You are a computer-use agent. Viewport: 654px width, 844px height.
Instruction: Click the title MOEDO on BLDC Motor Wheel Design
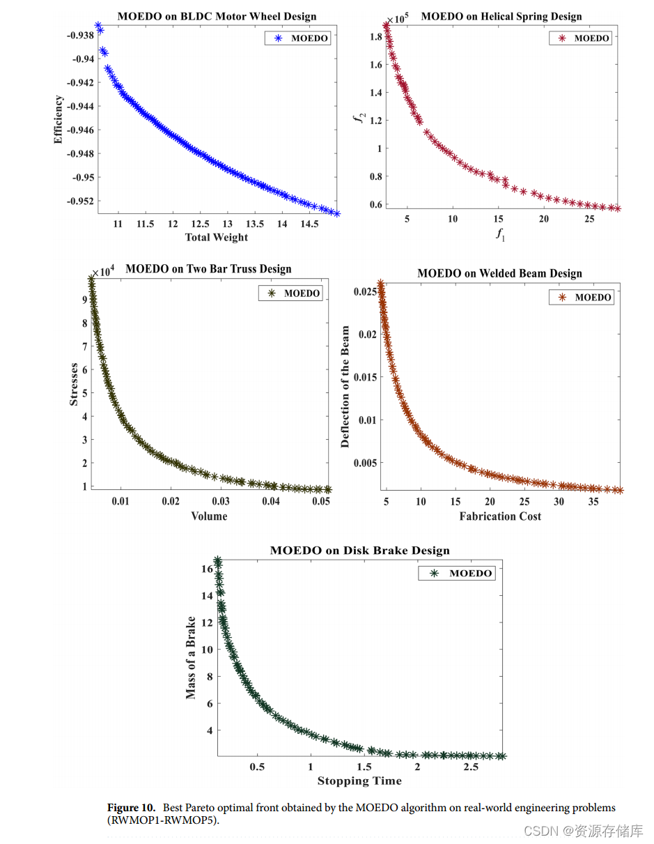pyautogui.click(x=217, y=16)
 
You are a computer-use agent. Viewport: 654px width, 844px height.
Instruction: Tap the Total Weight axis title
pyautogui.click(x=217, y=237)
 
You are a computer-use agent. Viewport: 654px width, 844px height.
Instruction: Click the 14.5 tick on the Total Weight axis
pyautogui.click(x=309, y=224)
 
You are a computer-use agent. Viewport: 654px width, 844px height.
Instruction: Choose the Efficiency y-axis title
pyautogui.click(x=59, y=120)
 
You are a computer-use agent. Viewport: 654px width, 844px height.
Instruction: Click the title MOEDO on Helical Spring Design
pyautogui.click(x=501, y=16)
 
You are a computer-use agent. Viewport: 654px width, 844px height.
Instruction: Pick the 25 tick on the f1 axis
pyautogui.click(x=589, y=220)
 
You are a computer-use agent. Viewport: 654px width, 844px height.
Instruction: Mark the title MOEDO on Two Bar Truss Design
pyautogui.click(x=208, y=269)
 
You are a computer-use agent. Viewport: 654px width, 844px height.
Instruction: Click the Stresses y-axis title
pyautogui.click(x=74, y=385)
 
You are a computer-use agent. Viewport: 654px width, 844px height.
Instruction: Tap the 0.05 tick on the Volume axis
pyautogui.click(x=321, y=500)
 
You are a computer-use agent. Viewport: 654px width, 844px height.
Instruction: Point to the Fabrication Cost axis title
pyautogui.click(x=500, y=516)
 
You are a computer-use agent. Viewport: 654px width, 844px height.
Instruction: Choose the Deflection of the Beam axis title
pyautogui.click(x=345, y=388)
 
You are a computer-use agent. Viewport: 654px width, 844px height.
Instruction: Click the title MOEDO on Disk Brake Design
pyautogui.click(x=359, y=551)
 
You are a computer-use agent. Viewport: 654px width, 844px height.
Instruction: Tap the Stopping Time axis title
pyautogui.click(x=359, y=781)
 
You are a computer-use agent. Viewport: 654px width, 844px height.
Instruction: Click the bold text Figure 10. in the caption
pyautogui.click(x=132, y=808)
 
